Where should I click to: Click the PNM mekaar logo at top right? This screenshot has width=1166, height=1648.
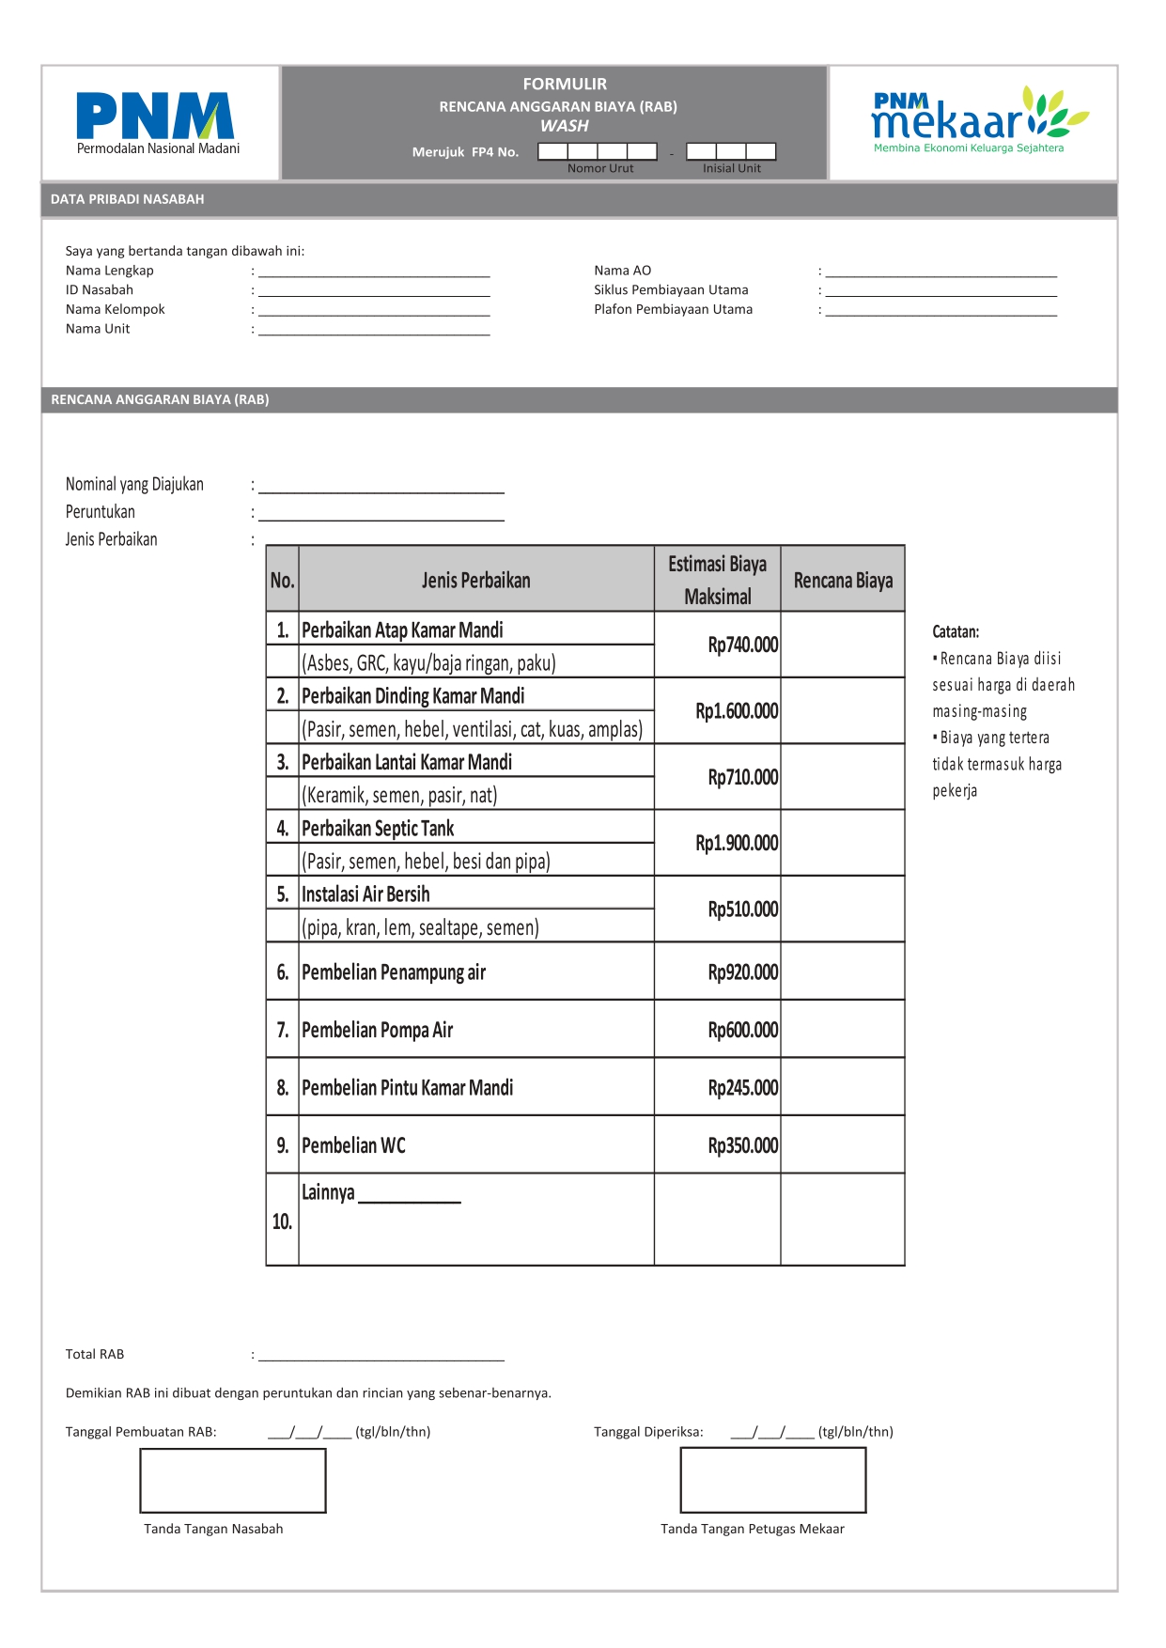pos(977,119)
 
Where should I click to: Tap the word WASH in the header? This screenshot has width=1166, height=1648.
pos(564,126)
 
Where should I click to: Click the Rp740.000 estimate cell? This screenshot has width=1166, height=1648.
pos(742,645)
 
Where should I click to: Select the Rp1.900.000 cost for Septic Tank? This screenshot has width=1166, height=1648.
pos(737,843)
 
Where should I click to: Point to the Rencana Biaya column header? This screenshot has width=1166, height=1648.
pos(843,581)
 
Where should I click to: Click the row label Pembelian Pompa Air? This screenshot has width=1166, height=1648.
pos(377,1030)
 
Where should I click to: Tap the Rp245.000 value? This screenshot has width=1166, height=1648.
pos(742,1088)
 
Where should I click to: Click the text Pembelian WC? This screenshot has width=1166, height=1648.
pos(353,1145)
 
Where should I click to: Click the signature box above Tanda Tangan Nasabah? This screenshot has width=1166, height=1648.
pos(233,1481)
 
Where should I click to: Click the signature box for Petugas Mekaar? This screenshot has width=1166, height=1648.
pos(772,1481)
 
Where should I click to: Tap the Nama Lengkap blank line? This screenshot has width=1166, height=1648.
pos(374,272)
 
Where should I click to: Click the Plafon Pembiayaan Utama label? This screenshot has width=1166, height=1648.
pos(673,309)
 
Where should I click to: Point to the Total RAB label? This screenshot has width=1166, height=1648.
pos(95,1354)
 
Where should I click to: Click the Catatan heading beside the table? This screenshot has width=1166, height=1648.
pos(955,631)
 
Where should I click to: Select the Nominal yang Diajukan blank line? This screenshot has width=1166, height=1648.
pos(381,487)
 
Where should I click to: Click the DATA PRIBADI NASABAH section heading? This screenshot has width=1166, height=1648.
pos(128,199)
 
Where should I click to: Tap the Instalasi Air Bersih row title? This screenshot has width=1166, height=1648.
pos(365,894)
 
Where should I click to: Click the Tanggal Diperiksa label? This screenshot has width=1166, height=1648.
pos(648,1432)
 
